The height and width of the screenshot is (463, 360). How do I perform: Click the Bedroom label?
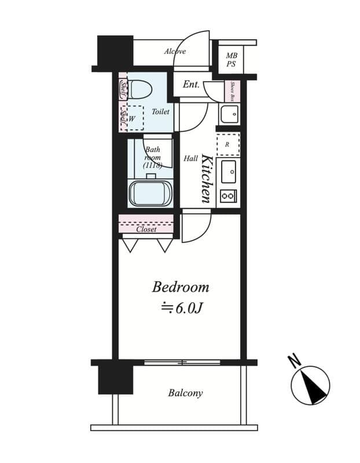181,287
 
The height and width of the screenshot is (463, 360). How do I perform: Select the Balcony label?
185,393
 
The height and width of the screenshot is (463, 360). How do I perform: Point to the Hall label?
190,158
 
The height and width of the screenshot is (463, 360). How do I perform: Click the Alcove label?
174,52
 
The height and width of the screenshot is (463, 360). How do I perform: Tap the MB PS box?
230,60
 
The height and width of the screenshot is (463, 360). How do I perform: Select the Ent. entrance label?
191,84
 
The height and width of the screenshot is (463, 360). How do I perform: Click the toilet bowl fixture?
139,89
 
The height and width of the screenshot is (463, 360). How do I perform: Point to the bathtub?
150,193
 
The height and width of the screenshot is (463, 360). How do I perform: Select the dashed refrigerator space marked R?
227,144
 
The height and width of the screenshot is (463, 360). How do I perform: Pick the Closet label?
146,229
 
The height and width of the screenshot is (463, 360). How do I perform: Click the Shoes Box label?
232,90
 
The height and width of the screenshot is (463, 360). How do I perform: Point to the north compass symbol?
310,385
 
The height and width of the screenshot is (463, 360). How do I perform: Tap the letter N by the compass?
294,361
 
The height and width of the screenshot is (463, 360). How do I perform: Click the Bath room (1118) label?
153,157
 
